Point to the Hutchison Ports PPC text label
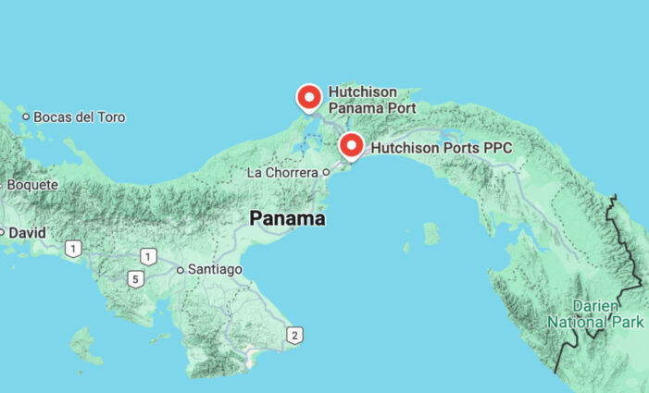click(441, 147)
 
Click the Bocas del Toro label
click(79, 117)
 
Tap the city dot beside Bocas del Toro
click(26, 117)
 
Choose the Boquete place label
click(31, 185)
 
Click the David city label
click(27, 233)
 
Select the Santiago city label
click(215, 269)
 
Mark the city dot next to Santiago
click(181, 270)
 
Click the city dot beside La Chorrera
click(326, 172)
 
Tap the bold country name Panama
click(287, 219)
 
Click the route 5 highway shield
click(135, 278)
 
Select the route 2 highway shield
click(294, 335)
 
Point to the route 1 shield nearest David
click(73, 248)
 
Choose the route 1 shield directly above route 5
click(148, 256)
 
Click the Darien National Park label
click(589, 313)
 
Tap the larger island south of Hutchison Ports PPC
click(431, 233)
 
